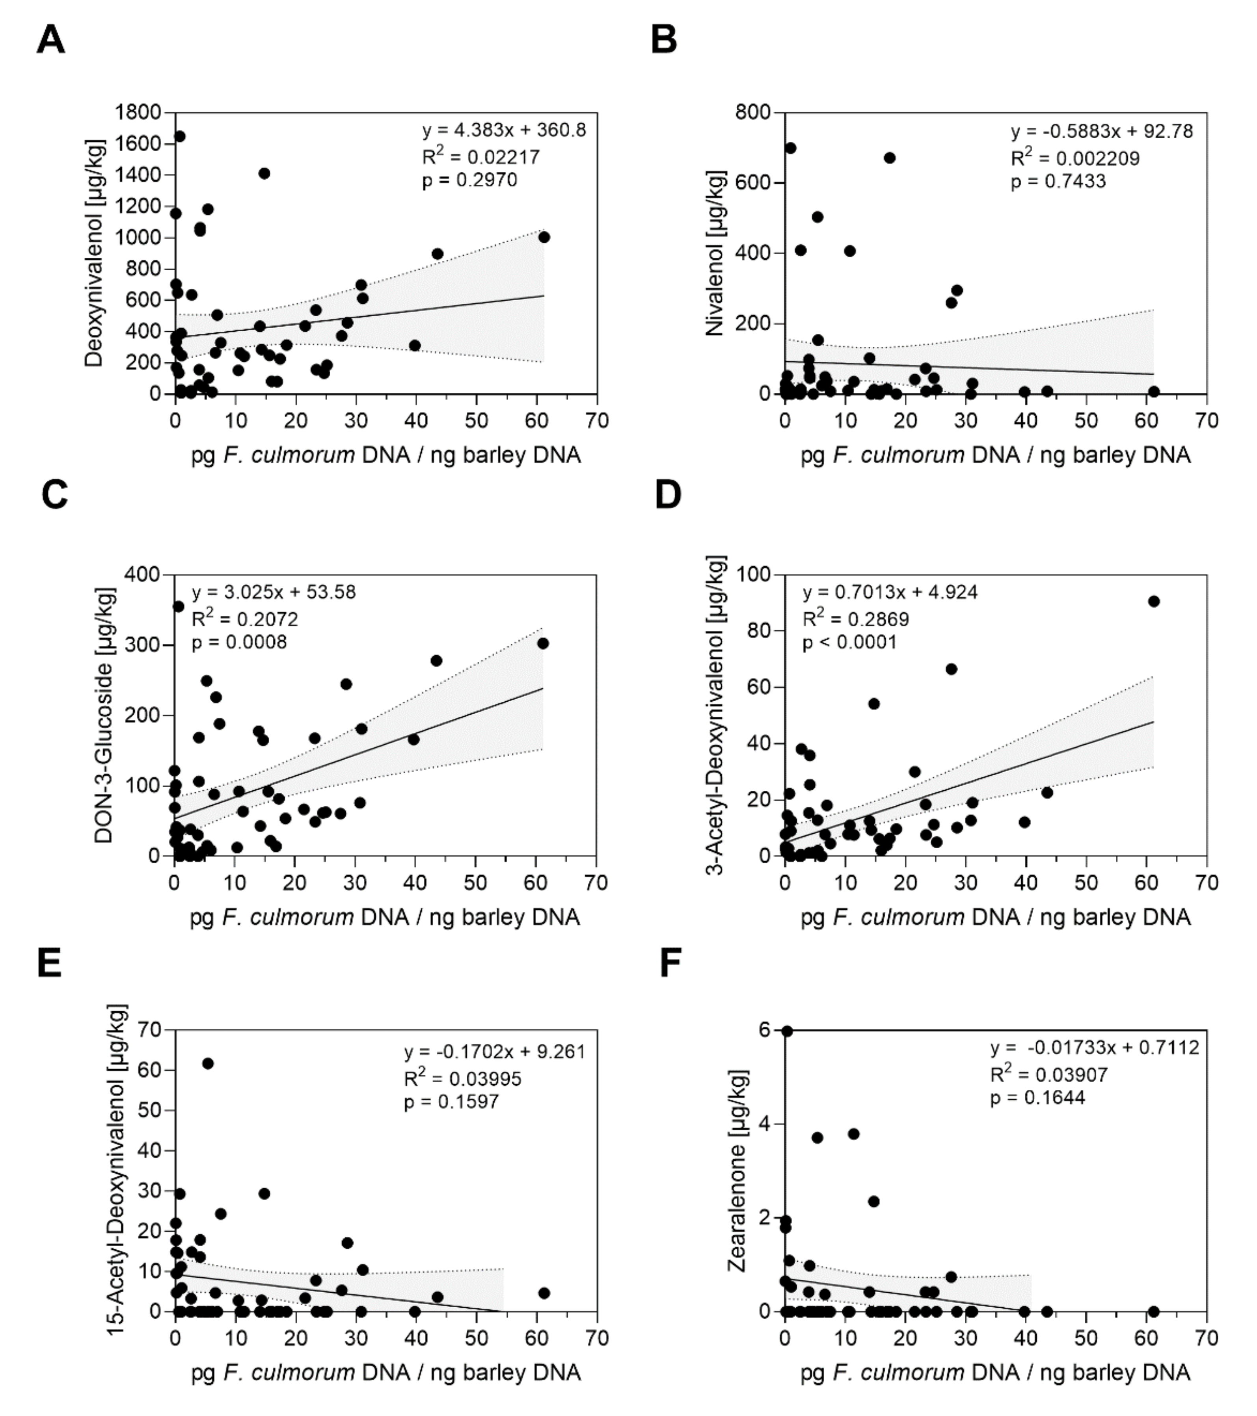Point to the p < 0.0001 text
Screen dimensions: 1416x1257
coord(849,642)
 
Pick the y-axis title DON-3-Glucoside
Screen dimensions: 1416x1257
coord(104,715)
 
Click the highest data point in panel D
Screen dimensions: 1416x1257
coord(1153,601)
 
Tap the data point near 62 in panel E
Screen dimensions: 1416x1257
coord(207,1063)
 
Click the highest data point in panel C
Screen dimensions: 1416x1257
coord(178,606)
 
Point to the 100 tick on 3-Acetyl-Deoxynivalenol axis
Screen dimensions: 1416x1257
coord(757,574)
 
